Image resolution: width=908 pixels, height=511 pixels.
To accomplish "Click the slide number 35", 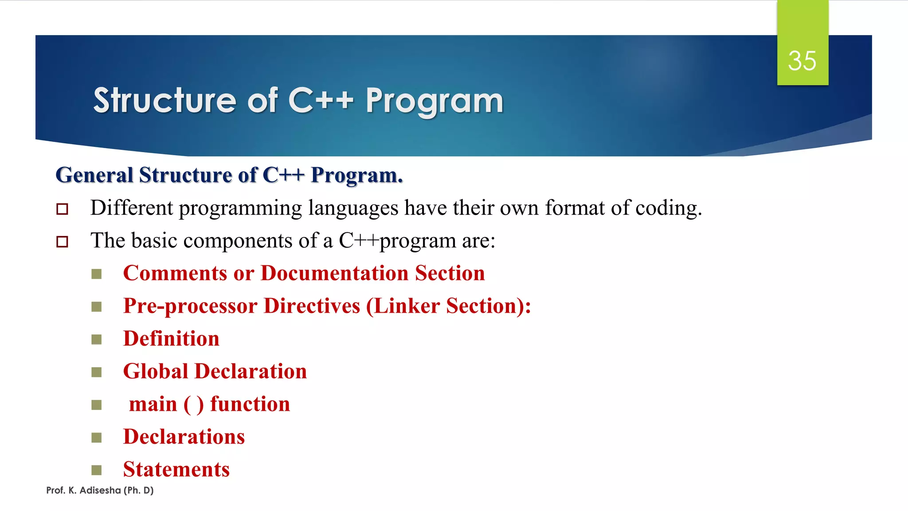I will (x=802, y=61).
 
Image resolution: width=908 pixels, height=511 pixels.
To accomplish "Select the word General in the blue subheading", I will (x=94, y=175).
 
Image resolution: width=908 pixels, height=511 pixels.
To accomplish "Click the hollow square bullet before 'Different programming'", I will (x=63, y=209).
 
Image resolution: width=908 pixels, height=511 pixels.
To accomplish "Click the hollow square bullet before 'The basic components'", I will (x=63, y=242).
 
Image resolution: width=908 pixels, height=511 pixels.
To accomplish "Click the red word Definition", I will (x=171, y=339).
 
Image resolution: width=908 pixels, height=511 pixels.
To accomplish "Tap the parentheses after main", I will (x=193, y=405).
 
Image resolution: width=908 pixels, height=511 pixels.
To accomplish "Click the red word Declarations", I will (x=184, y=437).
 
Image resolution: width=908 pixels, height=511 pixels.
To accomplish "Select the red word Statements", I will (x=176, y=470).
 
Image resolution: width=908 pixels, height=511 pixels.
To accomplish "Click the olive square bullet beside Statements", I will (x=97, y=470).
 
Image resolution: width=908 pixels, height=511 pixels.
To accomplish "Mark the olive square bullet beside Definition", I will (x=97, y=339).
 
